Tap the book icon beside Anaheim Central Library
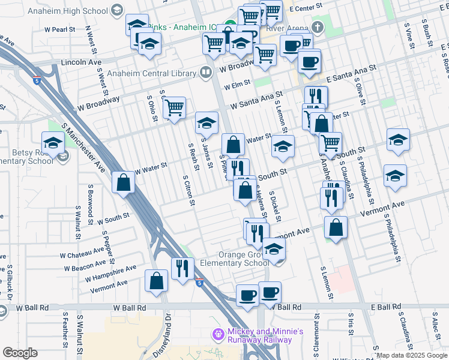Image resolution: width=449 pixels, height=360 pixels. [x=206, y=73]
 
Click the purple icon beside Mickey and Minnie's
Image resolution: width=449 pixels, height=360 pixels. [x=217, y=333]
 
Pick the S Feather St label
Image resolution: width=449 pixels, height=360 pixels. [x=64, y=328]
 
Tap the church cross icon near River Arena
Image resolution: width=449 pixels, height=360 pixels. [x=318, y=28]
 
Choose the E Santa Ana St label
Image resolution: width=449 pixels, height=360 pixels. [x=351, y=74]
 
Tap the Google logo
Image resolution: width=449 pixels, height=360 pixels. [x=20, y=353]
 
